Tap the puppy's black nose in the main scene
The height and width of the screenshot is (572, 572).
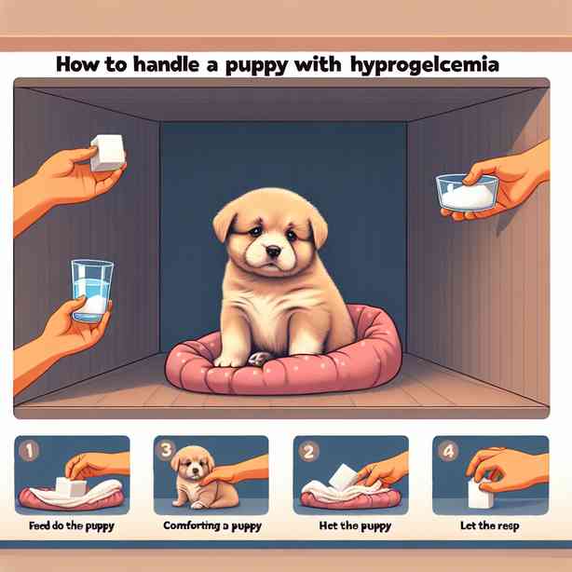point(273,251)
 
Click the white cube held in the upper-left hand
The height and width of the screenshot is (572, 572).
point(107,153)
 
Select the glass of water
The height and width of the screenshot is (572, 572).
point(92,291)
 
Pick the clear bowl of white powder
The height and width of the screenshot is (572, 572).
point(467,193)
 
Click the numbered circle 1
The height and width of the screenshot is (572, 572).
point(29,452)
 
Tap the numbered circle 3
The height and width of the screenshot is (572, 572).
point(167,449)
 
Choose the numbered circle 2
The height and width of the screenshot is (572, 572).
point(308,452)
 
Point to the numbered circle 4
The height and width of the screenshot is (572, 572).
point(448,452)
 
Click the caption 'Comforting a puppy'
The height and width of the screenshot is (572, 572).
point(212,526)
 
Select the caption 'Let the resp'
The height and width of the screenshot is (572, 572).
point(490,526)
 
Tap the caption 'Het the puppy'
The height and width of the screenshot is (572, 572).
point(355,526)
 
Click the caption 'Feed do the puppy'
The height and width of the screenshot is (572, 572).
point(72,526)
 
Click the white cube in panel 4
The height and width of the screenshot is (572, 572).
point(481,493)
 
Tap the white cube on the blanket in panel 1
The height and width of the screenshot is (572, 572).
point(71,486)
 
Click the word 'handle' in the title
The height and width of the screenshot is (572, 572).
point(167,65)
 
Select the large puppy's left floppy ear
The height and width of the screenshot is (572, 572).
point(225,223)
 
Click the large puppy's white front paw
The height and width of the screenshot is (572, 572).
point(227,361)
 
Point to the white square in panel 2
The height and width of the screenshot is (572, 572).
point(343,476)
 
